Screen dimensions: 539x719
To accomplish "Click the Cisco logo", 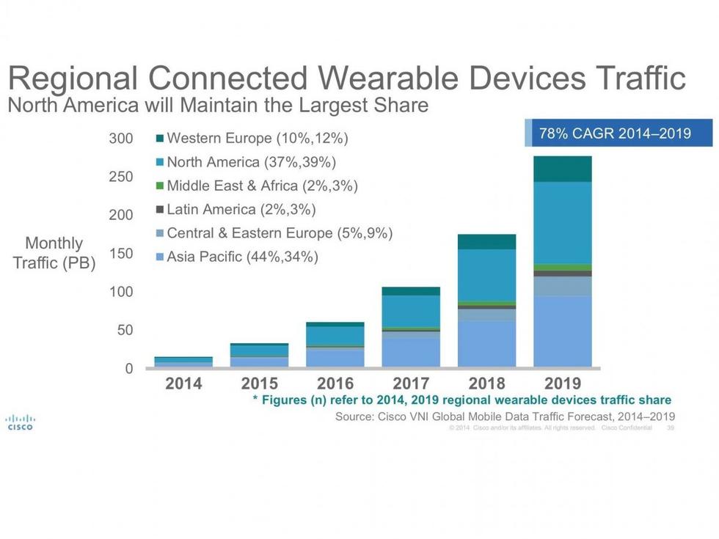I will point(20,423).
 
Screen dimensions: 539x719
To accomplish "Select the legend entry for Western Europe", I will point(252,138).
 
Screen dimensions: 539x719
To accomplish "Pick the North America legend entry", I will point(246,162).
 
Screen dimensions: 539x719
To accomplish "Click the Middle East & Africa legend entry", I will point(256,186).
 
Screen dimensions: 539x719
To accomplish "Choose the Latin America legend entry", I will point(235,210).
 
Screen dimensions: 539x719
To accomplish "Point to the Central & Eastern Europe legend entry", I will point(274,234).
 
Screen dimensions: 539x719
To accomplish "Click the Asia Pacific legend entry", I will point(236,257).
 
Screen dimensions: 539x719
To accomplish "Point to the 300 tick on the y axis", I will point(121,139).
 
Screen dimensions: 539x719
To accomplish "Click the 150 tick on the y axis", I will point(121,254).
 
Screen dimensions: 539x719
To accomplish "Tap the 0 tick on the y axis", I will point(128,369).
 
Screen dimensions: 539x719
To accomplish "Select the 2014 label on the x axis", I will point(183,384).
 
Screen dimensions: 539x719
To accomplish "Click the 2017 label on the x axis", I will point(411,384).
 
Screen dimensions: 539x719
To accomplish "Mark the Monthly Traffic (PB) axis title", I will point(54,253).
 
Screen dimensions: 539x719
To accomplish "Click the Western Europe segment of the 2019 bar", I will point(563,169).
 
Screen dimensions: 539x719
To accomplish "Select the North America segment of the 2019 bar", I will point(563,222).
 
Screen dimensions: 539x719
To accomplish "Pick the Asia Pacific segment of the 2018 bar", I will point(486,343).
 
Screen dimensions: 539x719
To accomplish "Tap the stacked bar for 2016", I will point(335,345).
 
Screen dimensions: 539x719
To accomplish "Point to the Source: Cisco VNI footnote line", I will point(505,417).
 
